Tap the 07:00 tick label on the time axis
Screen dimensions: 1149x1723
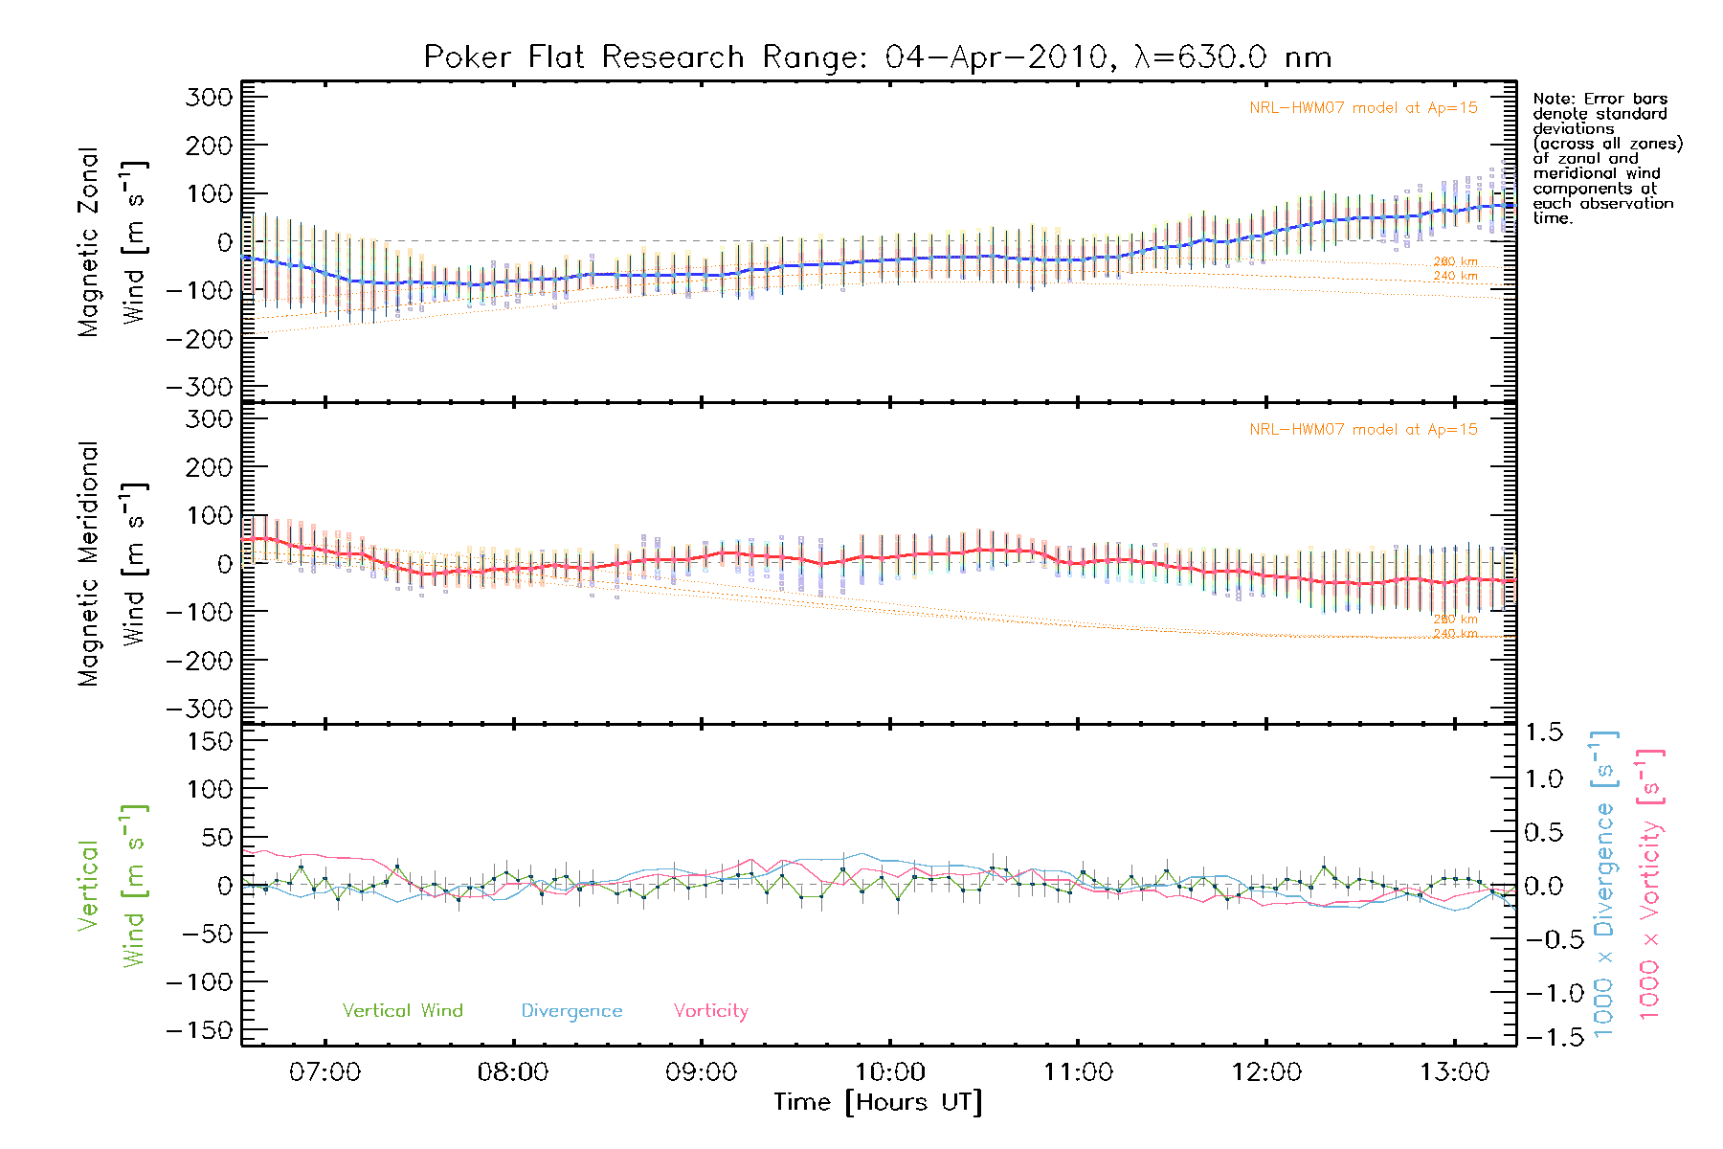pyautogui.click(x=325, y=1072)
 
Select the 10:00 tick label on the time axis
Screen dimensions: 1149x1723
pyautogui.click(x=890, y=1072)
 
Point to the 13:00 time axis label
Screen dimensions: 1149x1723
pyautogui.click(x=1455, y=1072)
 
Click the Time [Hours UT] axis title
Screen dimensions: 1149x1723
pyautogui.click(x=878, y=1103)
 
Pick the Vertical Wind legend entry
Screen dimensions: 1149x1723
pyautogui.click(x=402, y=1011)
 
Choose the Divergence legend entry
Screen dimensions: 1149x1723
pyautogui.click(x=571, y=1011)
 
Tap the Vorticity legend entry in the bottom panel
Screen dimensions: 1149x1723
pyautogui.click(x=710, y=1011)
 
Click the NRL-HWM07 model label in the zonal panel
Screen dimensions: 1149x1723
pyautogui.click(x=1363, y=108)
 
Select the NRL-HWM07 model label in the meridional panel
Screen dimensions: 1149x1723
pyautogui.click(x=1363, y=430)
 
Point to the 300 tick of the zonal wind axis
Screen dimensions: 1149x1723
pyautogui.click(x=210, y=97)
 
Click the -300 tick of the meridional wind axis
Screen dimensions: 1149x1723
pyautogui.click(x=200, y=709)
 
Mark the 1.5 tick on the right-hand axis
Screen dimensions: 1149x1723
pyautogui.click(x=1544, y=732)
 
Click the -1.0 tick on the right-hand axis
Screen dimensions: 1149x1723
pyautogui.click(x=1544, y=993)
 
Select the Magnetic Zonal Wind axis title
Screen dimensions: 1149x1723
pyautogui.click(x=113, y=241)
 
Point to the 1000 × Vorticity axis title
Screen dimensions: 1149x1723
pyautogui.click(x=1651, y=884)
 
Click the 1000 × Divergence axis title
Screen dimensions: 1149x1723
pyautogui.click(x=1604, y=884)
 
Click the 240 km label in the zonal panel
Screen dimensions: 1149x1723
pyautogui.click(x=1455, y=277)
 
